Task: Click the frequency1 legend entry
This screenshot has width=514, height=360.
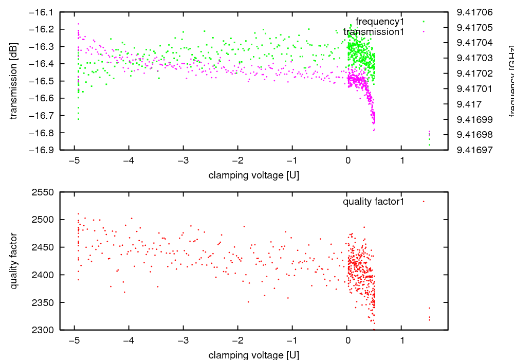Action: pos(380,22)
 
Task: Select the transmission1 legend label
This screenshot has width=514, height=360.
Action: pos(374,32)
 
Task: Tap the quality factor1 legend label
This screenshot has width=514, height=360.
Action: pos(374,202)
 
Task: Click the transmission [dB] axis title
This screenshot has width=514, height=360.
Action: pos(14,81)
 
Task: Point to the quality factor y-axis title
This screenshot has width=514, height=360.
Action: pos(14,261)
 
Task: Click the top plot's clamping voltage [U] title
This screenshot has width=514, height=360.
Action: pos(254,175)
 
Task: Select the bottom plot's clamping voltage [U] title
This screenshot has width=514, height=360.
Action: pos(254,355)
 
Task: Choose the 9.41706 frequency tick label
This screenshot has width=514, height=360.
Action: pos(471,12)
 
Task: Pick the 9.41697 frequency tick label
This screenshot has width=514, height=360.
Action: pos(471,150)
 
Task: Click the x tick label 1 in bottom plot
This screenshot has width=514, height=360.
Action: pos(402,340)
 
